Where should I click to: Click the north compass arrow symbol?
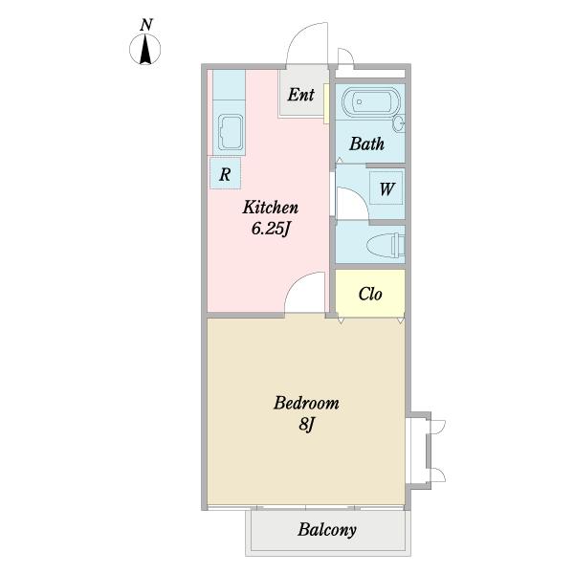coord(145,49)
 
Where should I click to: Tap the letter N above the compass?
coord(146,25)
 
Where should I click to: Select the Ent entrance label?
coord(301,95)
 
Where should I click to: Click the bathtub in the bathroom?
coord(371,101)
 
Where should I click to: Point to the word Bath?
coord(366,143)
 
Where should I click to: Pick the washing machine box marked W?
coord(386,188)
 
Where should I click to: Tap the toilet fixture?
coord(386,245)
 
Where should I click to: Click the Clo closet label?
coord(370,294)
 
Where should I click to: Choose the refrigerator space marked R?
coord(225,173)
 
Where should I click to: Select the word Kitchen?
coord(271,208)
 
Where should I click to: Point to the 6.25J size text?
coord(271,230)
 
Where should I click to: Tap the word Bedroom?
coord(306,403)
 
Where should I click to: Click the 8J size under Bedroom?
coord(307,425)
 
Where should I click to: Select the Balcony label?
coord(327,529)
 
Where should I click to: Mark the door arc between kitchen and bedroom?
coord(296,284)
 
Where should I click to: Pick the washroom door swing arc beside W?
coord(361,196)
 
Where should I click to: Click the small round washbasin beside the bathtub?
coord(399,123)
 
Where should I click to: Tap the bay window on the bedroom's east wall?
coord(419,451)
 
